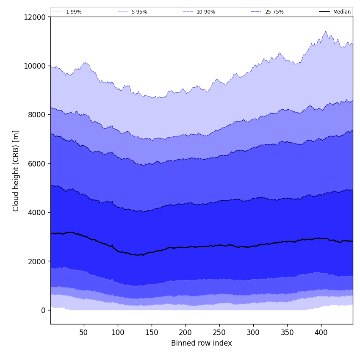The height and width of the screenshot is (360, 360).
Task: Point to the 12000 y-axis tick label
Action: pos(35,17)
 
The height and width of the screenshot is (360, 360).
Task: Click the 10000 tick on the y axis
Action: pos(35,66)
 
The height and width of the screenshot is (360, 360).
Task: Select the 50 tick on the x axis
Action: pos(84,332)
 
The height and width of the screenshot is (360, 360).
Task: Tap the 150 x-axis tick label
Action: pos(152,332)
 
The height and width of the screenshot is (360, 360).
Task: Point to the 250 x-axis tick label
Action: pos(219,332)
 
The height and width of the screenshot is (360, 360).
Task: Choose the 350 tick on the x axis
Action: pos(287,332)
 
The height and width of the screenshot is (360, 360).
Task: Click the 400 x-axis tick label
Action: pos(321,332)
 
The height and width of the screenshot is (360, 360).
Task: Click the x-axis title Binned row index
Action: pos(202,343)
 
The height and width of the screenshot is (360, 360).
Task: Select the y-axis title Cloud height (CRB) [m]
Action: pos(17,171)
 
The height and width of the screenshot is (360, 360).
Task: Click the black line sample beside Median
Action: pos(324,12)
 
